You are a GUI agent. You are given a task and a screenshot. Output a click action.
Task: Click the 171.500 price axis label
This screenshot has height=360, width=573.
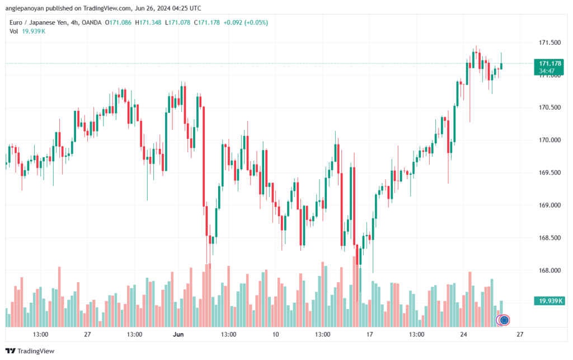(x=549, y=43)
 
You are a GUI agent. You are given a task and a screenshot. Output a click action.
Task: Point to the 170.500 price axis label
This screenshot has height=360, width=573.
(x=549, y=107)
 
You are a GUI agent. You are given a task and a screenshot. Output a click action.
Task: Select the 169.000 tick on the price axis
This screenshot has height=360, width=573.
(x=549, y=205)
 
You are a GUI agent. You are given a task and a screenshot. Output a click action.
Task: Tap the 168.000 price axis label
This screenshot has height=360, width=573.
(x=549, y=270)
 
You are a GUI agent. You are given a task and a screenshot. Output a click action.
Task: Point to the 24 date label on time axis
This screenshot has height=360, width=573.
(x=464, y=334)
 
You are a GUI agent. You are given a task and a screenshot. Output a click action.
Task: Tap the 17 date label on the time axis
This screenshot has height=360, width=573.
(x=370, y=334)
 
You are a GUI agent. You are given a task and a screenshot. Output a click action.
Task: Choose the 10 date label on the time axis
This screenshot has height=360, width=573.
(x=275, y=334)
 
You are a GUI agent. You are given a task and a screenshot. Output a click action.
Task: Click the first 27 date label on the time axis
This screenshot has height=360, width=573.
(x=87, y=334)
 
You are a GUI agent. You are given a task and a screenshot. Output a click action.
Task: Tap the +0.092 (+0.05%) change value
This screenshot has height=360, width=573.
(x=246, y=22)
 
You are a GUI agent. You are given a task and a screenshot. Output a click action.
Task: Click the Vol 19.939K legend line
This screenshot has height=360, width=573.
(x=27, y=31)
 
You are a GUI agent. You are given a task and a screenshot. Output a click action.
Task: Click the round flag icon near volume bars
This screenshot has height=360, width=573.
(x=504, y=320)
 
